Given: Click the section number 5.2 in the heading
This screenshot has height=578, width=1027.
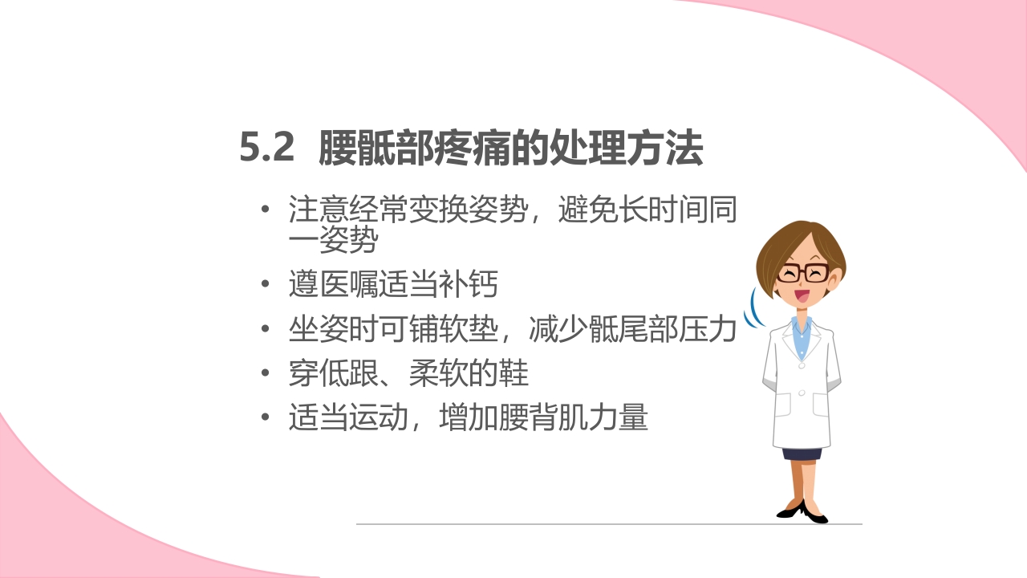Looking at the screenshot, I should click(267, 149).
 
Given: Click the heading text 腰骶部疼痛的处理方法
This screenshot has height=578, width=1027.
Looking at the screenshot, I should click(511, 149).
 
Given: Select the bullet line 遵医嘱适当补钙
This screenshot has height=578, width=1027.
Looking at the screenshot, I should click(393, 285).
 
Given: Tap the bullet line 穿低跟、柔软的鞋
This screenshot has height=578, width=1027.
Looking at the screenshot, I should click(408, 373).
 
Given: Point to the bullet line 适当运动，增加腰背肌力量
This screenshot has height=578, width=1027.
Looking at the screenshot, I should click(468, 418).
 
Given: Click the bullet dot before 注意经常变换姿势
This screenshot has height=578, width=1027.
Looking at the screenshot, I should click(266, 211).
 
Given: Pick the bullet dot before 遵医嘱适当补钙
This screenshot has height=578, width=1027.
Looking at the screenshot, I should click(266, 285).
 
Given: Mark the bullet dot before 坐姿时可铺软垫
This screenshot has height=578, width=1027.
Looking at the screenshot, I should click(266, 329).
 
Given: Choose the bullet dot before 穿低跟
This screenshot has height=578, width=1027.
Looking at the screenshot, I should click(266, 373).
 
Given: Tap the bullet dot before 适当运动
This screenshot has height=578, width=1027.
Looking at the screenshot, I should click(266, 418).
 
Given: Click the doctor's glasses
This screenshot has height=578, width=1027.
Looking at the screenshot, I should click(803, 272).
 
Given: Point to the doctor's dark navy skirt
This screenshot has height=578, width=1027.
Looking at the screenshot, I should click(802, 454).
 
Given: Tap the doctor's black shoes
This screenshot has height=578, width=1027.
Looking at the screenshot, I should click(802, 512).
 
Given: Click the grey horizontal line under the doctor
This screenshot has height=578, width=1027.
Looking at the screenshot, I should click(610, 524).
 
